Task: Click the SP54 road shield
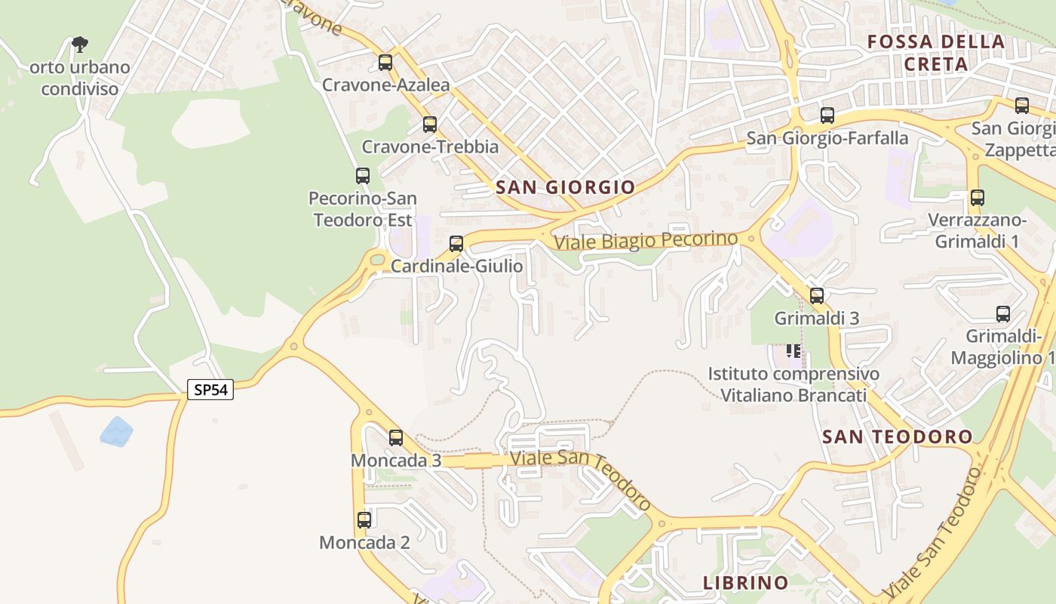pos(210,390)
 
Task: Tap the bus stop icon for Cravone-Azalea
pos(385,63)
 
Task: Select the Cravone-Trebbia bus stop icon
pos(430,125)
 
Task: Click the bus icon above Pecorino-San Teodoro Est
pos(363,176)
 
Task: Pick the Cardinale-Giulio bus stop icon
pos(456,244)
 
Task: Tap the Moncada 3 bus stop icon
pos(396,437)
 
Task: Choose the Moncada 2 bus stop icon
pos(364,519)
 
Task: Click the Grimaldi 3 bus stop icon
pos(817,295)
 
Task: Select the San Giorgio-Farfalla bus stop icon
pos(827,116)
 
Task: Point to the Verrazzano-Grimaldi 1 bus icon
pos(978,198)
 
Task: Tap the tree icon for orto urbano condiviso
pos(80,45)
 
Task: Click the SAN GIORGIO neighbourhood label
pos(566,187)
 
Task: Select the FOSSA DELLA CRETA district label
pos(936,53)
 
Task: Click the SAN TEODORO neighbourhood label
pos(898,436)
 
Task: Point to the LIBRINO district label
pos(746,583)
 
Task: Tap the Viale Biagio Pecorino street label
pos(646,241)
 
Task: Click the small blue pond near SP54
pos(116,432)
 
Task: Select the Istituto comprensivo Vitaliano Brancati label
pos(793,384)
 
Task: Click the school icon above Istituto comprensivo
pos(794,350)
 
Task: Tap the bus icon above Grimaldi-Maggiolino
pos(1003,314)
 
